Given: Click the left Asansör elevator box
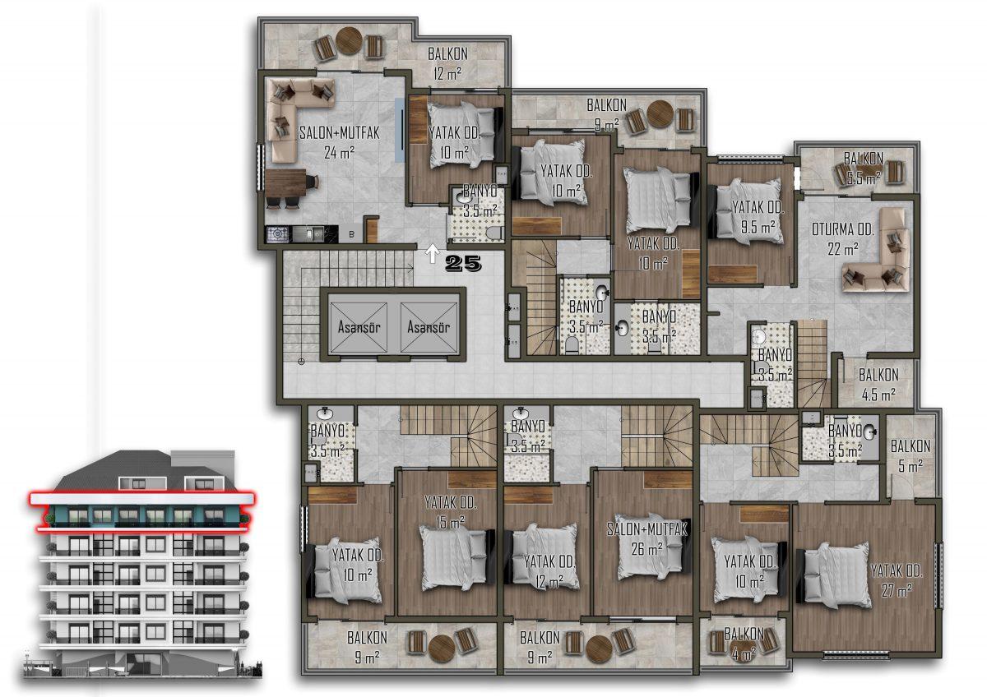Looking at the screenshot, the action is pos(359,327).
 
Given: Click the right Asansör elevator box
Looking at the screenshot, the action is pos(429,327).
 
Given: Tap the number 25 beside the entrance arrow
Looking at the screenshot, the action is pos(463,263).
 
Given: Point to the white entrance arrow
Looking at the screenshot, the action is pos(433,254).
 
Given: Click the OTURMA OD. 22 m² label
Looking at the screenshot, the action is pos(842,239).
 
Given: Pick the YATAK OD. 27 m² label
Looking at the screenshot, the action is pos(897,581).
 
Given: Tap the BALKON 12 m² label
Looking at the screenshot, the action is pos(447,64).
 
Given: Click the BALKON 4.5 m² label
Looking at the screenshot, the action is pos(878,385).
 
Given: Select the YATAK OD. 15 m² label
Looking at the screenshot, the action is pos(451,512).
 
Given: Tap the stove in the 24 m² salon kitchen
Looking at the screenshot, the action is pos(277,233).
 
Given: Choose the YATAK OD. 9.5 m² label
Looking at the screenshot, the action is pos(758,217).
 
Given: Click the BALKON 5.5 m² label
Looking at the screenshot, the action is pos(864,168).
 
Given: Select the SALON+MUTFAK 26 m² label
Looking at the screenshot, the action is pos(646,539).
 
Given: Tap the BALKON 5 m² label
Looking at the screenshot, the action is pos(911,455).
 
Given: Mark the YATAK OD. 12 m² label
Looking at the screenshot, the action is pos(549,571).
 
